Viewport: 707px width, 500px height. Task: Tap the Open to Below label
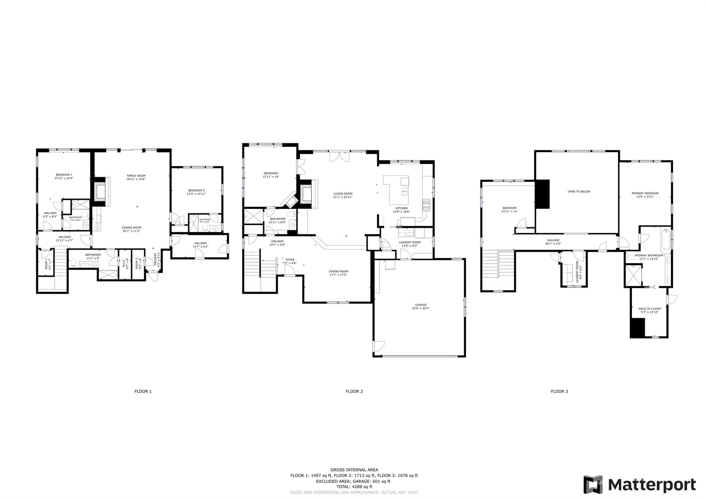tap(579, 191)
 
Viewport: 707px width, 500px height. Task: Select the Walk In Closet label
tap(649, 309)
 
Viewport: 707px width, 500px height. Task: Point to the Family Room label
tap(136, 176)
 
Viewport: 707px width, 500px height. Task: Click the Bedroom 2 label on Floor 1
tap(196, 190)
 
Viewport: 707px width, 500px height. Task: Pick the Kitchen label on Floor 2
tap(401, 208)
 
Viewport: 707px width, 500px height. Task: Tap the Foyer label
tap(290, 260)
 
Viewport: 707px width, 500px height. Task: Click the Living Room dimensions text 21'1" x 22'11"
tap(343, 197)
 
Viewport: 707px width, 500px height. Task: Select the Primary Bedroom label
tap(645, 193)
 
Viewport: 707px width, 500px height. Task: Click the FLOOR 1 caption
tap(143, 391)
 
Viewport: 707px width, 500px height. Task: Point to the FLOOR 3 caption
tap(559, 391)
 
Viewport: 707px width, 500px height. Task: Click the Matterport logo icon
tap(593, 484)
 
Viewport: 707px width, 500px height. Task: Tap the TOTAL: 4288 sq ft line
tap(354, 487)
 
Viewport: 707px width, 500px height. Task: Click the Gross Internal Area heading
tap(354, 470)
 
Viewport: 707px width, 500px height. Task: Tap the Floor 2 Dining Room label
tap(338, 271)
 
